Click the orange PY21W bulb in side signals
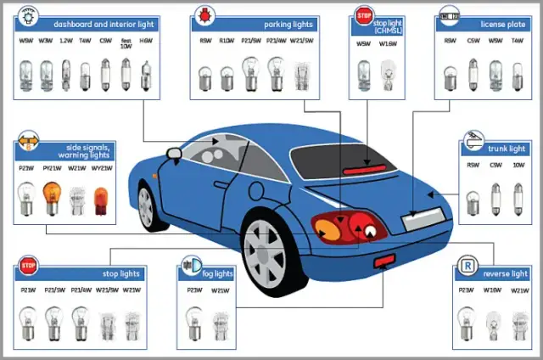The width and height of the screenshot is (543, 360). (52, 200)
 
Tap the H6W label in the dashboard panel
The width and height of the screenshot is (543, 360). (146, 40)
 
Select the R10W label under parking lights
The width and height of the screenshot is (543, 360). (227, 40)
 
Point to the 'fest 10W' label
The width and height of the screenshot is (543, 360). (126, 41)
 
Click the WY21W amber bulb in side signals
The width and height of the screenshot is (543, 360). (101, 200)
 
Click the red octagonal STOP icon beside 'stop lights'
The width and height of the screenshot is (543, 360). (28, 266)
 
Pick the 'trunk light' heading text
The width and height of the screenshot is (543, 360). (507, 149)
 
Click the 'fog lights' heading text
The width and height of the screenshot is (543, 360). (218, 274)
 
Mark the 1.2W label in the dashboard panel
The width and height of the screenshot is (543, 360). (65, 40)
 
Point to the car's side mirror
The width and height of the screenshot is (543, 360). (174, 153)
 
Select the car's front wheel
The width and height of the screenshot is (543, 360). (149, 206)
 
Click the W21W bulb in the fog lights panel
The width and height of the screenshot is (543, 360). (220, 320)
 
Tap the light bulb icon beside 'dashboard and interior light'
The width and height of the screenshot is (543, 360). (28, 16)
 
